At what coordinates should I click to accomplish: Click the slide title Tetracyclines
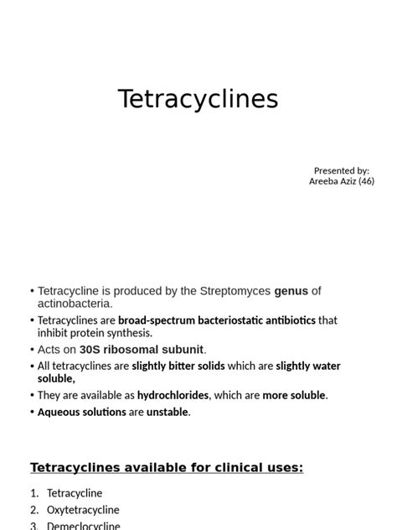(x=198, y=99)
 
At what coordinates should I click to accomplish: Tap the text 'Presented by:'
(x=342, y=170)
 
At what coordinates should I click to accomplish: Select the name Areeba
(x=325, y=181)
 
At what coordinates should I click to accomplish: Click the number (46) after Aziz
(x=366, y=181)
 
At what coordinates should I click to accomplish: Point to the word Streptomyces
(x=235, y=291)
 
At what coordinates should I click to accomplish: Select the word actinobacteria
(x=75, y=304)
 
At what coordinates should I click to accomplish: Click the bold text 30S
(x=93, y=350)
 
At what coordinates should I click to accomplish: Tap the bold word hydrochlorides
(x=173, y=395)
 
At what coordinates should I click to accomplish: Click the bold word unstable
(x=168, y=412)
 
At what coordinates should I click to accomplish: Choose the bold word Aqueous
(x=59, y=412)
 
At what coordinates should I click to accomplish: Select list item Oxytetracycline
(x=83, y=510)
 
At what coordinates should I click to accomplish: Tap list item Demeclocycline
(x=83, y=526)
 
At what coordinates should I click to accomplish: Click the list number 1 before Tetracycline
(x=34, y=493)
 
